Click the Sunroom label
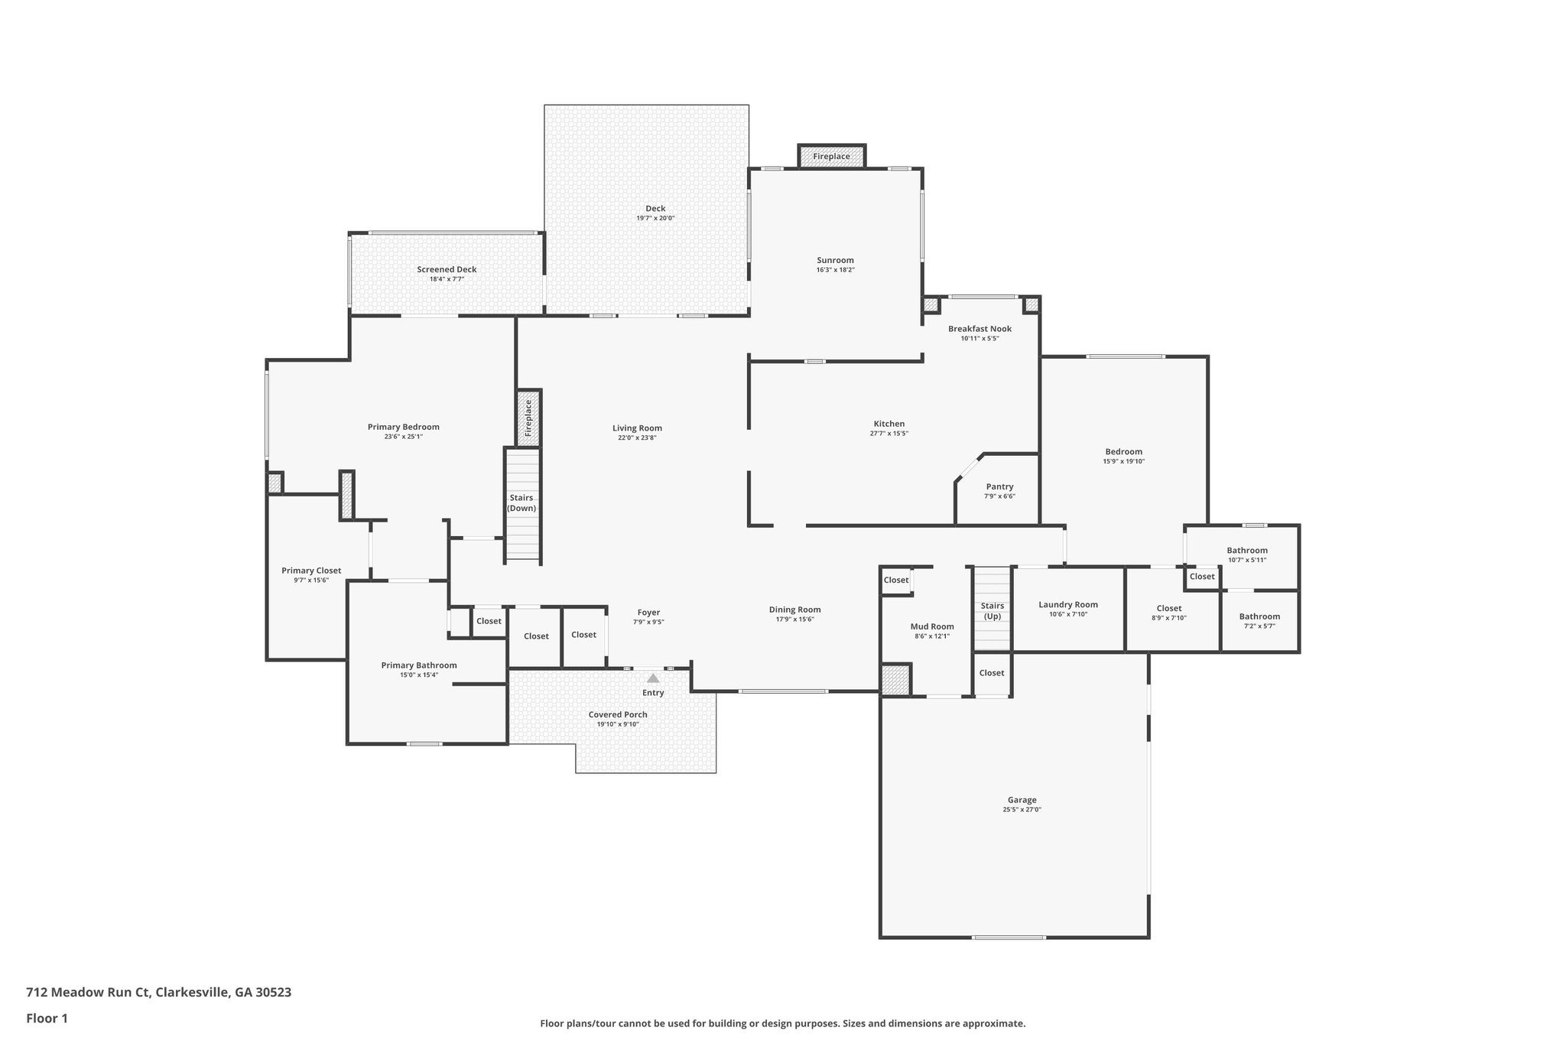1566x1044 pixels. tap(835, 260)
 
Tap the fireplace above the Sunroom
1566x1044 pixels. tap(831, 156)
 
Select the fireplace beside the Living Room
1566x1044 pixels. tap(528, 418)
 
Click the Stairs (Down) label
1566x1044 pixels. tap(522, 502)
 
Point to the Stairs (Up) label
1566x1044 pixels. tap(992, 610)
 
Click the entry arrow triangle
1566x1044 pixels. tap(653, 678)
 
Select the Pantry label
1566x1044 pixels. tap(999, 486)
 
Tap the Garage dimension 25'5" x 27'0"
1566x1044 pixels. tap(1022, 809)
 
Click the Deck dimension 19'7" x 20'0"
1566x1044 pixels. tap(655, 218)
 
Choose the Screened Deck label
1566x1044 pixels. tap(447, 269)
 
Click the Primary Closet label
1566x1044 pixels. tap(311, 571)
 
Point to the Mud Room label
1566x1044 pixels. tap(932, 626)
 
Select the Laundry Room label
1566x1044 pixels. tap(1067, 604)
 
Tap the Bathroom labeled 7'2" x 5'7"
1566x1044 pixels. tap(1259, 616)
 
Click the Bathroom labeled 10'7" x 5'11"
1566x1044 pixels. tap(1247, 550)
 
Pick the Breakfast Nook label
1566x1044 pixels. tap(980, 329)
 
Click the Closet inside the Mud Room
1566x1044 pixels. tap(896, 580)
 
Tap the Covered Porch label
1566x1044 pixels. tap(618, 714)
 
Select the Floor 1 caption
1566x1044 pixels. tap(47, 1018)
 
